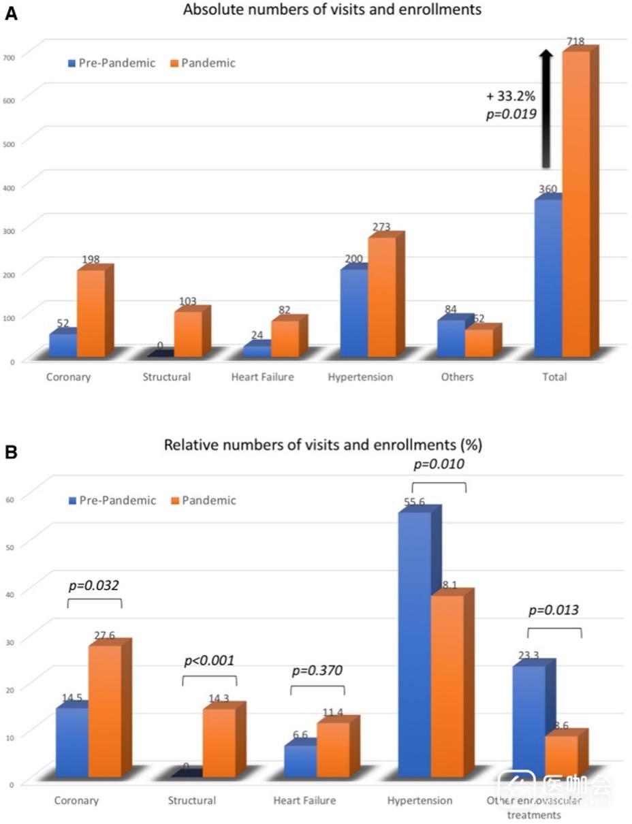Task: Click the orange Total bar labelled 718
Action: pos(576,204)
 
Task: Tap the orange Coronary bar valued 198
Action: pos(91,313)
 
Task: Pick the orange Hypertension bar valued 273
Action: pos(381,297)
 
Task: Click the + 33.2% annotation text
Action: pos(511,96)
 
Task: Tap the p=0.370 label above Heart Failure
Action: pos(317,670)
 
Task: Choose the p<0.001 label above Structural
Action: pos(209,660)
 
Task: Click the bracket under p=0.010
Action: pos(439,486)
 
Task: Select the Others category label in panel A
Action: pos(457,377)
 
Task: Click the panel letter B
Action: pos(11,451)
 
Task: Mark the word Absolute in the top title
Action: pos(208,10)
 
